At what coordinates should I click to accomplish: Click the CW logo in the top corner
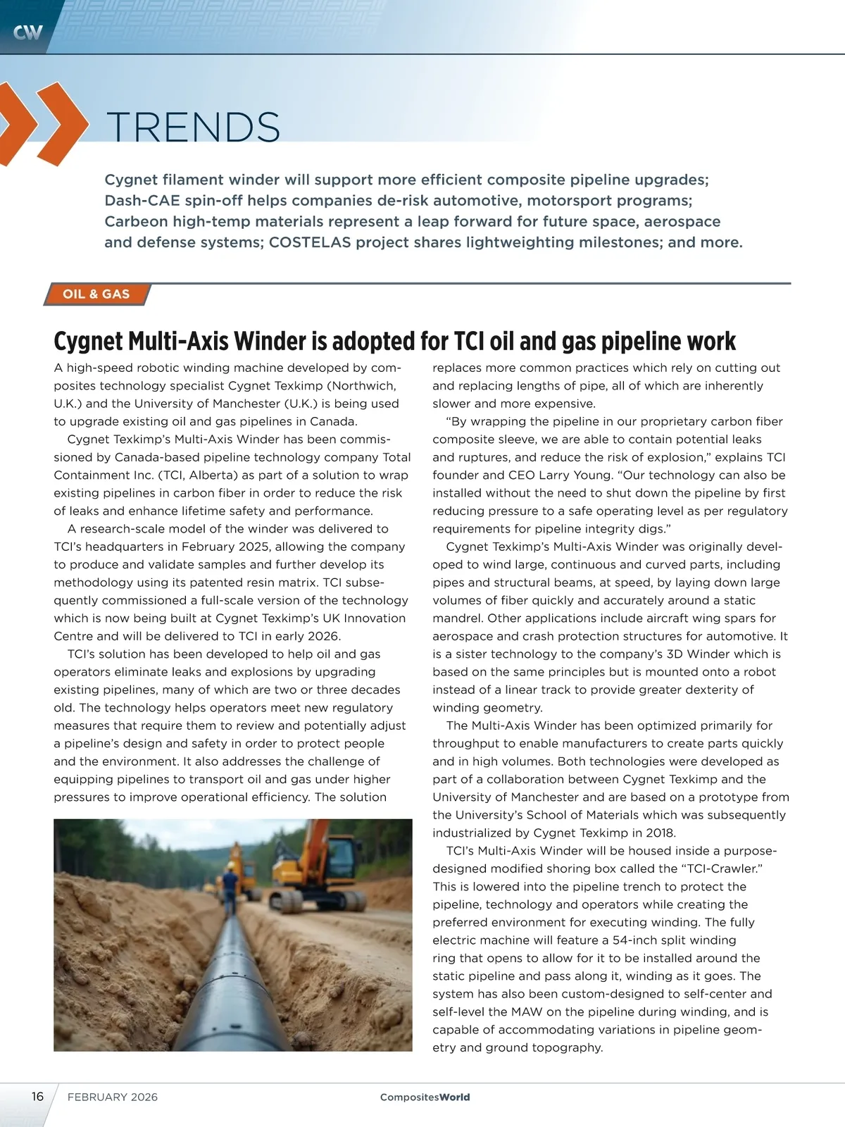click(27, 32)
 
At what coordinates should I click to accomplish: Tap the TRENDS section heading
click(193, 127)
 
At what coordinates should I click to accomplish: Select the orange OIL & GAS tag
click(96, 294)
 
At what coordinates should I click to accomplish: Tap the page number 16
click(37, 1096)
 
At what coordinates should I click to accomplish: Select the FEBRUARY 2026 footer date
click(113, 1097)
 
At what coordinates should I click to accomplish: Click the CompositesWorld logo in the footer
click(425, 1097)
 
